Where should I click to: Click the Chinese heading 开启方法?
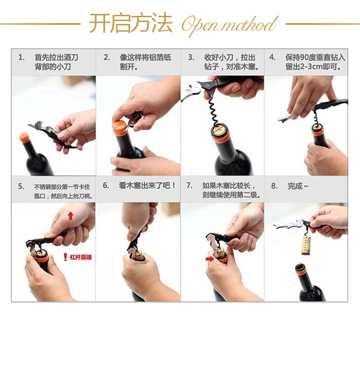point(131,23)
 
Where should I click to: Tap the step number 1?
point(22,58)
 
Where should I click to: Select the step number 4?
point(272,58)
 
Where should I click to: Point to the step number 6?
point(106,185)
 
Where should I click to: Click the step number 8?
point(274,186)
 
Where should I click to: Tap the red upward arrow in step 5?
point(71,216)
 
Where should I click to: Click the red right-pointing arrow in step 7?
point(210,259)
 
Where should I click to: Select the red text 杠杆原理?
point(81,257)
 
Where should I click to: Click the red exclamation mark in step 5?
point(65,257)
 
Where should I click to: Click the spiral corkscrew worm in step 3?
point(213,111)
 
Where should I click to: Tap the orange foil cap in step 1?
point(24,137)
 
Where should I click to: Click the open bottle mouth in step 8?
point(300,267)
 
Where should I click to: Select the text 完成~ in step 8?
point(298,186)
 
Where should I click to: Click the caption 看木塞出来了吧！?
point(147,185)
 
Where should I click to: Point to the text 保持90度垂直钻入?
point(315,58)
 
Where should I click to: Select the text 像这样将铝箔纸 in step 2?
point(145,58)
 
